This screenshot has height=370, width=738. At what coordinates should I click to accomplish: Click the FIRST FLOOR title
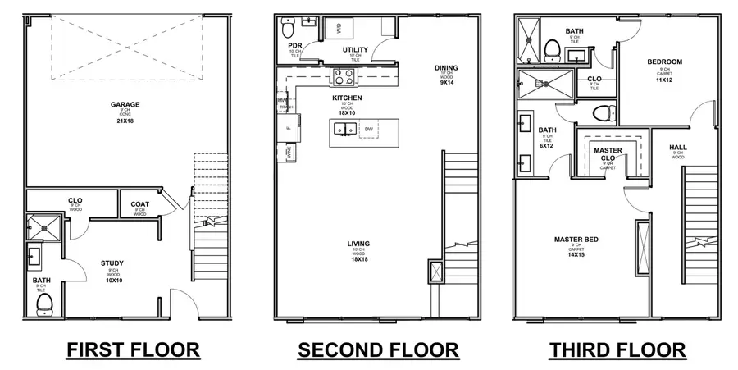(132, 350)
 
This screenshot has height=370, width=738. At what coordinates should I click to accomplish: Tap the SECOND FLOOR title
(377, 350)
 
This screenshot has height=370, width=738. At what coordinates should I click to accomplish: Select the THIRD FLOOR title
(617, 350)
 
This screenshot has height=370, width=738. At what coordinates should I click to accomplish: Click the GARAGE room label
(125, 104)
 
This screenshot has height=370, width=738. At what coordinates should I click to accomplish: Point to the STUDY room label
(112, 263)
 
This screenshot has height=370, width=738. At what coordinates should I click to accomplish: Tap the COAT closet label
(139, 205)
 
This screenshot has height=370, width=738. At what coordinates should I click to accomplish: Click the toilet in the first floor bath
(44, 303)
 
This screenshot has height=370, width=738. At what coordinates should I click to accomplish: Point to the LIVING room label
(358, 244)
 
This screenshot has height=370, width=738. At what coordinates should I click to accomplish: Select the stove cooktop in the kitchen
(342, 78)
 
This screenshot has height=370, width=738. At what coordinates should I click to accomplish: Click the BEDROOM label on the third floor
(664, 62)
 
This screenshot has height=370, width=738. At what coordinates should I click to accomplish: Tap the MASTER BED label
(573, 240)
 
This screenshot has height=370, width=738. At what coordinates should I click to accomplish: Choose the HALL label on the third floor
(678, 148)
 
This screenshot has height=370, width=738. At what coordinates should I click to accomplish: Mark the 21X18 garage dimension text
(125, 121)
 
